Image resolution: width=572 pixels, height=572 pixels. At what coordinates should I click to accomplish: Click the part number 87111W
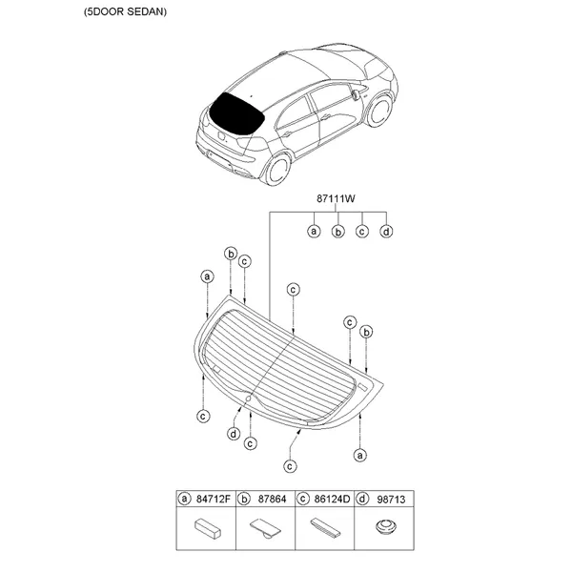[336, 199]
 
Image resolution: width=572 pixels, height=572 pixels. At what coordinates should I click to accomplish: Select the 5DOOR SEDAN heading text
[125, 11]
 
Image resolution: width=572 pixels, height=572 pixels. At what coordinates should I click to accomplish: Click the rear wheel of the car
[278, 170]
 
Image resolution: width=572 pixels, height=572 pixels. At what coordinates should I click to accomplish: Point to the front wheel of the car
[380, 111]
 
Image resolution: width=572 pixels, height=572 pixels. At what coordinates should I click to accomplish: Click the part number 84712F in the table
[214, 499]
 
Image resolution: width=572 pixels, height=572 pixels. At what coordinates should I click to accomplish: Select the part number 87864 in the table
[272, 499]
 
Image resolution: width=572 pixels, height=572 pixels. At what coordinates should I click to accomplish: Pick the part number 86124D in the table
[332, 499]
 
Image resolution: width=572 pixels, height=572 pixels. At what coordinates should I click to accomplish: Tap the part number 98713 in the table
[391, 499]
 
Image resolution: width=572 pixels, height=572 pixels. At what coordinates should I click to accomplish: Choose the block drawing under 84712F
[208, 529]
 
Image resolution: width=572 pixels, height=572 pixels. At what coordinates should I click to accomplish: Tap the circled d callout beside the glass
[234, 434]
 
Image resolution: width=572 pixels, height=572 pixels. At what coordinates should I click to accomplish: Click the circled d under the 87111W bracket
[386, 232]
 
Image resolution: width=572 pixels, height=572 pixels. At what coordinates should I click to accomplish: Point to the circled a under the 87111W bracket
[314, 232]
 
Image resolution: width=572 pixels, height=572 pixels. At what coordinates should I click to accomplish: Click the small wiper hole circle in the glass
[248, 398]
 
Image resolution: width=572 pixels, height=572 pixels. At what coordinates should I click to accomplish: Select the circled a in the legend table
[184, 499]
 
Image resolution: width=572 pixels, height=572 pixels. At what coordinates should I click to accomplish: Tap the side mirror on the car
[355, 93]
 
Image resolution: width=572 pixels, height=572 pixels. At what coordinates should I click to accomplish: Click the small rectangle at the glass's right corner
[362, 386]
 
